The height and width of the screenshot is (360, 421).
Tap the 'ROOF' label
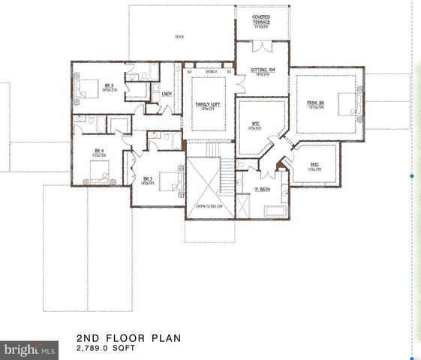pos(179,36)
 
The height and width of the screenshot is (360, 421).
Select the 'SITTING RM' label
pos(263,70)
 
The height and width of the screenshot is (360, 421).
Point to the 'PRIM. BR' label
pos(315,104)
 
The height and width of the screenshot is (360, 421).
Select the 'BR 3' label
pos(148,179)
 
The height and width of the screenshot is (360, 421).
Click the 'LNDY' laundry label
pos(167,94)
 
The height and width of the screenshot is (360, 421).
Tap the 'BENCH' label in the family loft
pos(212,72)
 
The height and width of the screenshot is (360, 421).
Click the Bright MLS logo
pos(30,349)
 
